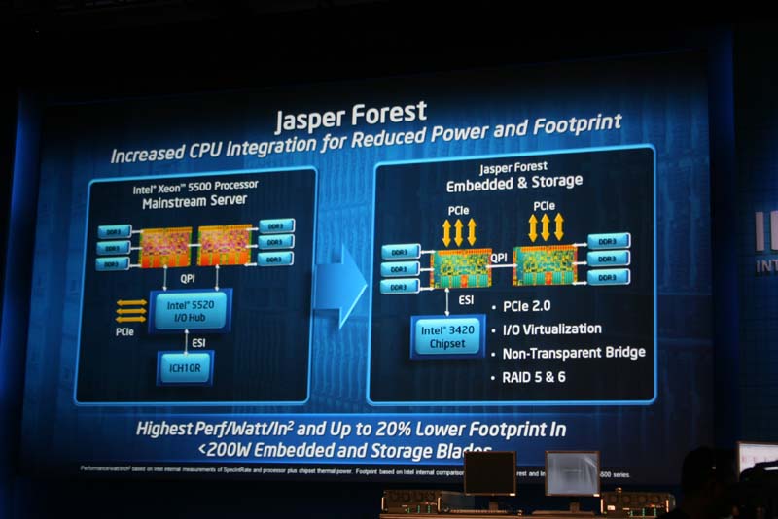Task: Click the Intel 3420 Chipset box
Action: [447, 335]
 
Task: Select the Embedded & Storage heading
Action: [514, 182]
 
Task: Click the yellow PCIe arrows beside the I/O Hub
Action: [130, 311]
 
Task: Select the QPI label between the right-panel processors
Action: [497, 259]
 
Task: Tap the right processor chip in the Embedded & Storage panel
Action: [544, 264]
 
